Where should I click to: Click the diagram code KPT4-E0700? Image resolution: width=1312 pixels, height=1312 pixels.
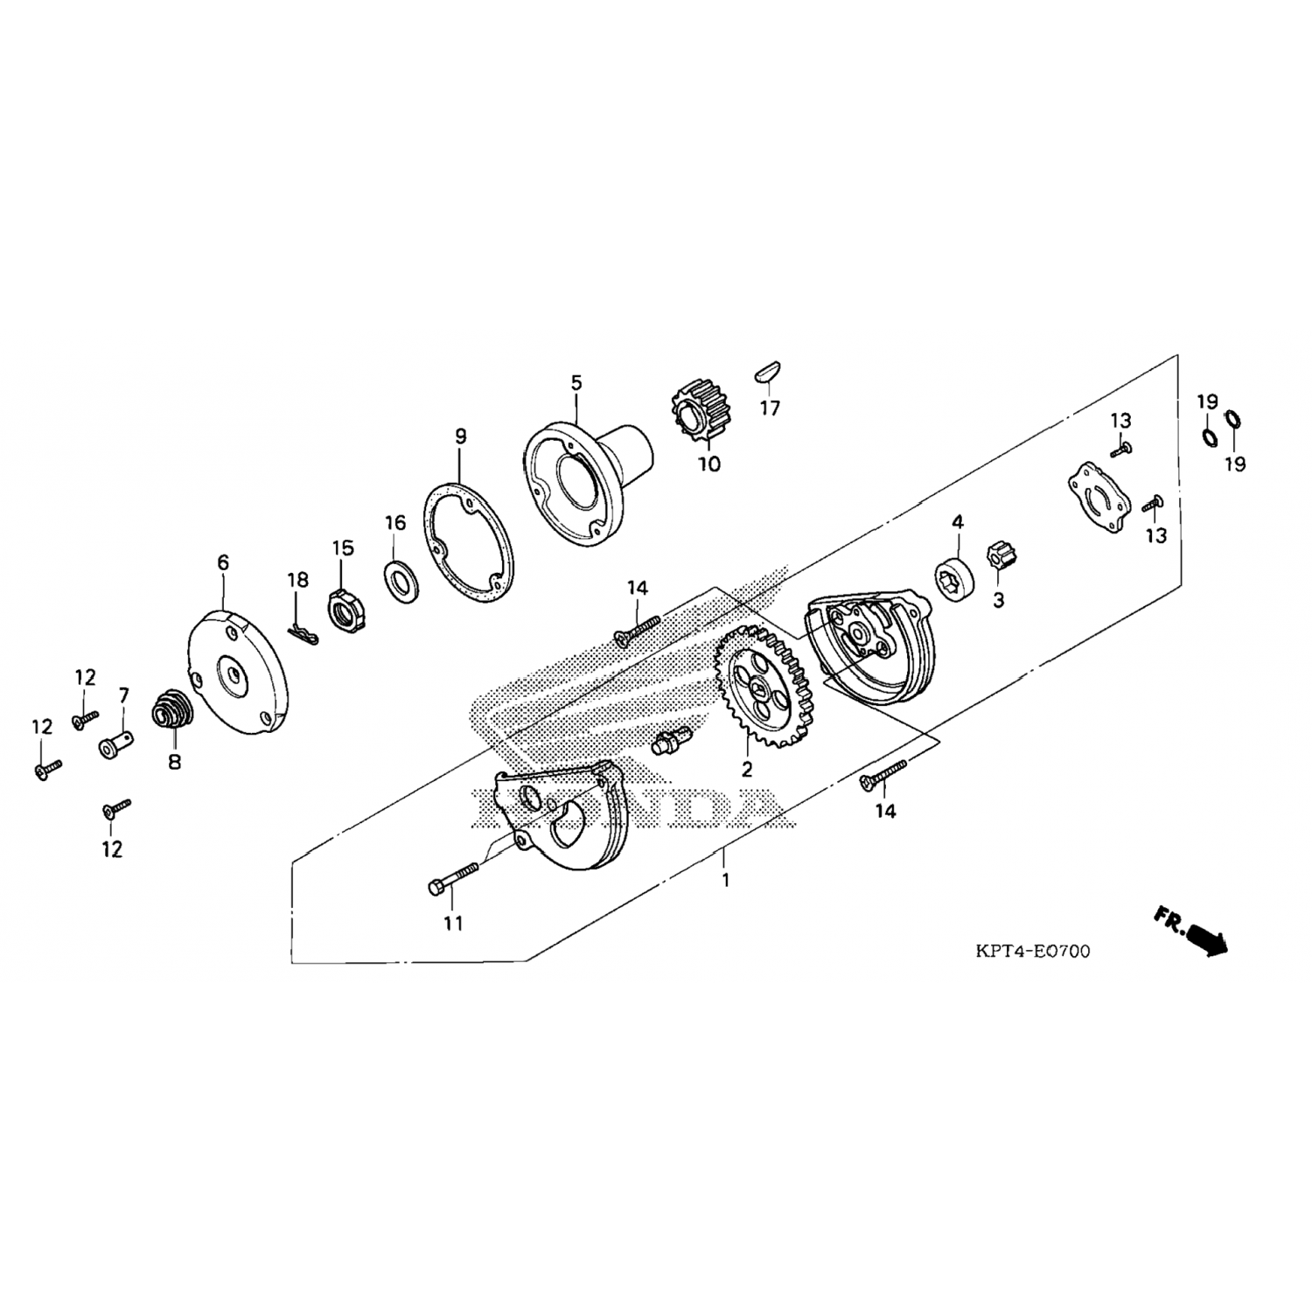click(1033, 951)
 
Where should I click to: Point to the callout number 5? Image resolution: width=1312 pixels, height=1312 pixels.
click(576, 382)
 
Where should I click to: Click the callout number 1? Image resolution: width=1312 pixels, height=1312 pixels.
click(725, 880)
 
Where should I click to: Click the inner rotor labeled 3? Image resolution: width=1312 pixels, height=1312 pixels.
click(997, 558)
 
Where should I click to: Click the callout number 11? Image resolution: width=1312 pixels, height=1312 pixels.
click(453, 923)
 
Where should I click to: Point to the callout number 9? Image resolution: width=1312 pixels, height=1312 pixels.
click(461, 436)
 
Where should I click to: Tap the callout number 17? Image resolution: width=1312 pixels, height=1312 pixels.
click(770, 408)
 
